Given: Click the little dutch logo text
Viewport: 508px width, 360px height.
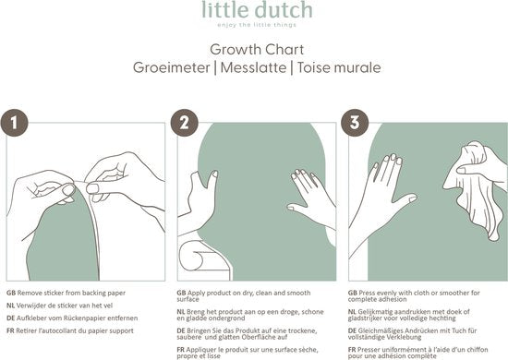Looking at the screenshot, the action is click(x=257, y=10).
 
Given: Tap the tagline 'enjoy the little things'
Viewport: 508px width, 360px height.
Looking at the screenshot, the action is click(x=257, y=25).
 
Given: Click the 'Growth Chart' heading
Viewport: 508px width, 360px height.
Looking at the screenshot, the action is click(x=257, y=50).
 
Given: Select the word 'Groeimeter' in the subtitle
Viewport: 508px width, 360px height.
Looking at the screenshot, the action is click(x=172, y=67).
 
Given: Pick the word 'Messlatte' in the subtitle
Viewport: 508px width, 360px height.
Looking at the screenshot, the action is click(x=253, y=67).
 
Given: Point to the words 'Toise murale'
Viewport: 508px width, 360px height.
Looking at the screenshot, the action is click(x=339, y=67).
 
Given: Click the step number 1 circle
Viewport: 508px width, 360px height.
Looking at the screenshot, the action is click(x=14, y=123).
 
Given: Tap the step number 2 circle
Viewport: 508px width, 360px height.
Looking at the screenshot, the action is click(x=185, y=123).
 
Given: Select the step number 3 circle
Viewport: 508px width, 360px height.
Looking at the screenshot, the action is click(x=355, y=123).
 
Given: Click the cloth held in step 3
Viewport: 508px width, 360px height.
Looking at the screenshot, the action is click(x=477, y=187).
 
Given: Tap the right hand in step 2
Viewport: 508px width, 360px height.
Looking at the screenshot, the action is click(x=311, y=198).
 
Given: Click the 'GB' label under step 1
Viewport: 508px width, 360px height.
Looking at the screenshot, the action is click(x=11, y=293).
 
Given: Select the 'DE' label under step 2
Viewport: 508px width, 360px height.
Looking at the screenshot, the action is click(x=181, y=330).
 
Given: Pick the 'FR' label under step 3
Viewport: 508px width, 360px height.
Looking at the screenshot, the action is click(x=352, y=350).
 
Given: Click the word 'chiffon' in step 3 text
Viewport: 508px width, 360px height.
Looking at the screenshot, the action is click(x=478, y=350).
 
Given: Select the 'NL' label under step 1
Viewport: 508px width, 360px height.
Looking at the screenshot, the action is click(x=10, y=306).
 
